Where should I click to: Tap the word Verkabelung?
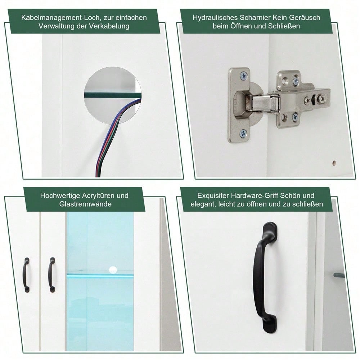point(111,26)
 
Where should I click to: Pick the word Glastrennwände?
point(85,204)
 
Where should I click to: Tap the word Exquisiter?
point(213,195)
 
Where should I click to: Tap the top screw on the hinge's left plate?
point(244,76)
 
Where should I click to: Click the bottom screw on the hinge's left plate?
point(243,133)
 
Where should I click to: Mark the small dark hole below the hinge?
point(333,163)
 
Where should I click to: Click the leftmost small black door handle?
point(26,275)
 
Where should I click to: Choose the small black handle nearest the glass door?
point(52,275)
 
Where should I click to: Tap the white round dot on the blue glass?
point(113,269)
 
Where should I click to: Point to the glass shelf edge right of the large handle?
point(339,275)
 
